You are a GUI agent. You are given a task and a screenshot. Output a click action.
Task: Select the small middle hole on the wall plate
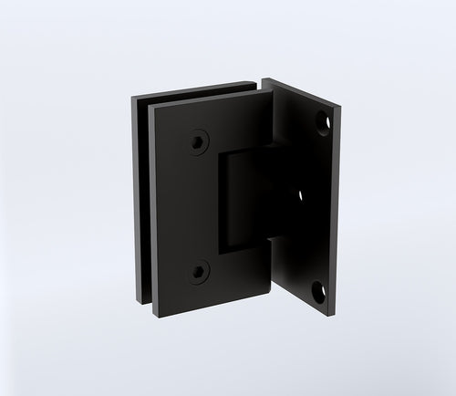pyautogui.click(x=300, y=194)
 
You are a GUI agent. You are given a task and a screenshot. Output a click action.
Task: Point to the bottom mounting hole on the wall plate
pyautogui.click(x=320, y=292)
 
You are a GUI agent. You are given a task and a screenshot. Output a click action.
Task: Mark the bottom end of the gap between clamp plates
pyautogui.click(x=149, y=305)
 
